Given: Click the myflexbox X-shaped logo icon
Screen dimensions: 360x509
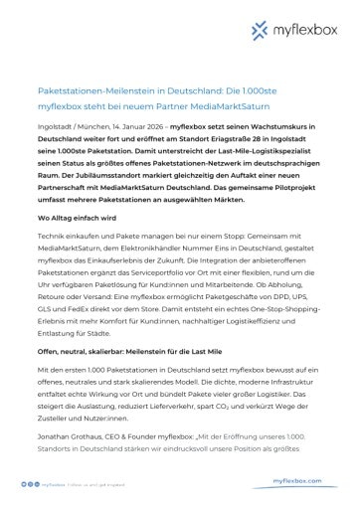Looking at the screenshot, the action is [x=264, y=34].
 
